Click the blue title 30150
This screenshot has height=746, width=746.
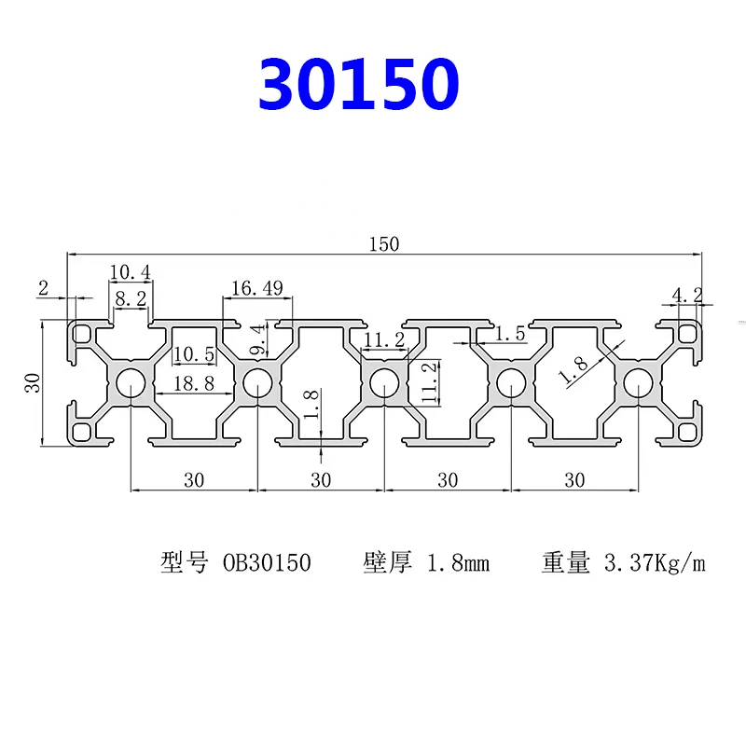tap(359, 84)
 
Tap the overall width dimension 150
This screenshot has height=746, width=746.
tap(384, 244)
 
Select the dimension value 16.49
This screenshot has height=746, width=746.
tap(257, 288)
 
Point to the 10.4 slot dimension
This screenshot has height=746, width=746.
tap(130, 272)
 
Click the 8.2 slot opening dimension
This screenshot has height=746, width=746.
tap(131, 298)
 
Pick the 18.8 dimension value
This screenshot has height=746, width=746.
tap(194, 383)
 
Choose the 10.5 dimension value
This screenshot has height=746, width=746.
tap(194, 354)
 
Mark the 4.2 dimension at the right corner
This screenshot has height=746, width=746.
tap(687, 295)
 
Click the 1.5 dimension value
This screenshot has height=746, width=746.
tap(510, 334)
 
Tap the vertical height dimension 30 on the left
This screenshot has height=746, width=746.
tap(33, 383)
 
